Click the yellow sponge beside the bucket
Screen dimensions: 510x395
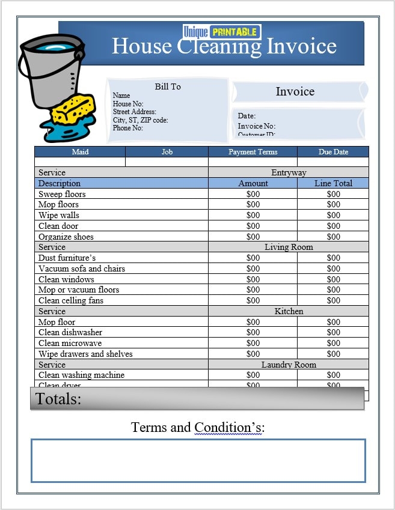click(73, 109)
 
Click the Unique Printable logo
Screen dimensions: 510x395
click(221, 32)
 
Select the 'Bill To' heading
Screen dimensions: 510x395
click(168, 87)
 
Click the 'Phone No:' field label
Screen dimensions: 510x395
click(127, 128)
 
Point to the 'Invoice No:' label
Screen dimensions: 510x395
click(256, 126)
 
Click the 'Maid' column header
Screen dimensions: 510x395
click(80, 152)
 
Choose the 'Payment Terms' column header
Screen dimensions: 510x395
click(253, 152)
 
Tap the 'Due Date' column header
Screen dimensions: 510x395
click(333, 152)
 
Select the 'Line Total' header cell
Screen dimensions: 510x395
click(333, 183)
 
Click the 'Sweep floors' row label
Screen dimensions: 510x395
click(62, 194)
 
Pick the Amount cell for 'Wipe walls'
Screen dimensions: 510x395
click(253, 215)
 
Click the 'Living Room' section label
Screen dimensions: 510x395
click(289, 247)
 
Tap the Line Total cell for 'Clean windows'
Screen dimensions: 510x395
click(333, 279)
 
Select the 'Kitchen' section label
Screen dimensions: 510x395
click(289, 311)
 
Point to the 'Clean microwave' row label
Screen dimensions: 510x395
click(70, 343)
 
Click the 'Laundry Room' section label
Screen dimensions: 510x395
click(289, 365)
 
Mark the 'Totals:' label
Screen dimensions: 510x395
click(58, 399)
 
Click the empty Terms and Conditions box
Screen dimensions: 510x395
click(198, 461)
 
